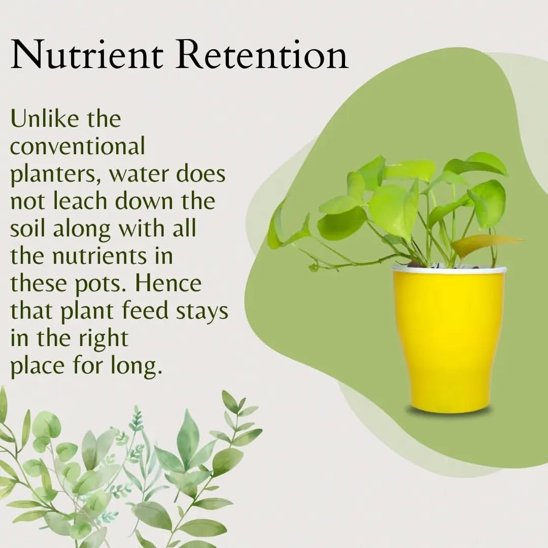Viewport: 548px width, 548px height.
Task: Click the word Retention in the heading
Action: pos(262,54)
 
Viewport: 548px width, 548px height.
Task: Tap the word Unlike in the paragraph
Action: pos(44,118)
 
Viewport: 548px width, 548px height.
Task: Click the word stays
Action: pos(201,312)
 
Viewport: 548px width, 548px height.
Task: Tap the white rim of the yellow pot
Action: pos(449,269)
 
